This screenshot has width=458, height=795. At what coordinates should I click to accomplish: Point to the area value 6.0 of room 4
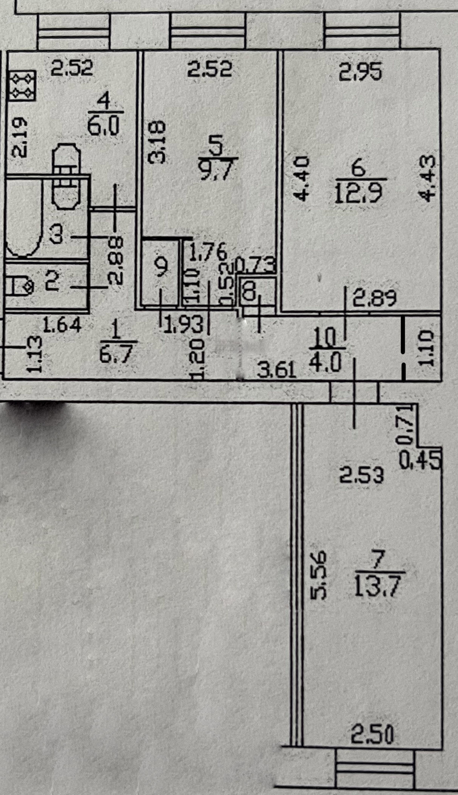104,125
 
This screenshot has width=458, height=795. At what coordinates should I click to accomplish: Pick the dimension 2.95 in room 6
360,72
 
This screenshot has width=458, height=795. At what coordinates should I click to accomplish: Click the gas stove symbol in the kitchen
23,85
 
